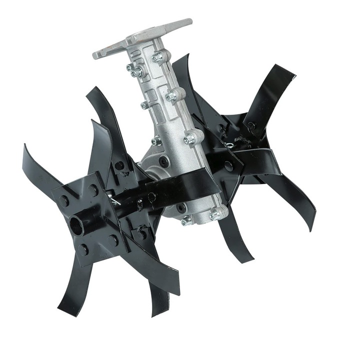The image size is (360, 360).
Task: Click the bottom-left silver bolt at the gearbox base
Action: click(x=186, y=220)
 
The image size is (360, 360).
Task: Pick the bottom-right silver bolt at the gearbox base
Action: click(x=214, y=216)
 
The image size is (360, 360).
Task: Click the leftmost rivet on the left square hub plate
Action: click(x=63, y=201)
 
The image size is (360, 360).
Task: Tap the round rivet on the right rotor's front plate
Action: click(x=228, y=165)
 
